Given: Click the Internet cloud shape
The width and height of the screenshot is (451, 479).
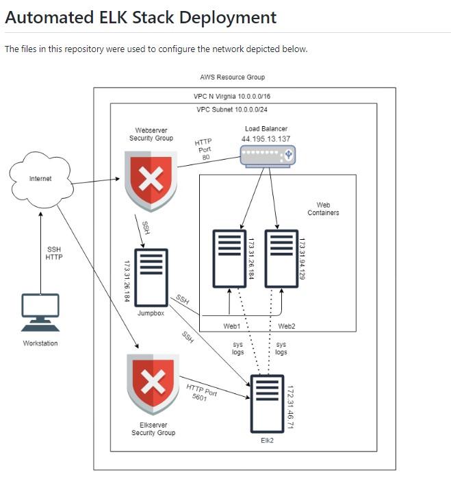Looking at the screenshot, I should click(x=40, y=179).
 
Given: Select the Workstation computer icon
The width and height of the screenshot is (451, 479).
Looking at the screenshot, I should click(x=40, y=312).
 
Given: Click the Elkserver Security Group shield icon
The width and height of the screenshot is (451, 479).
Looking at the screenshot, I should click(x=153, y=384).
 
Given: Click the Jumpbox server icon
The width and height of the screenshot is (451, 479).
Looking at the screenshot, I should click(x=151, y=278).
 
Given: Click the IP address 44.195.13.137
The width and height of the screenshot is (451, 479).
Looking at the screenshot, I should click(x=266, y=139).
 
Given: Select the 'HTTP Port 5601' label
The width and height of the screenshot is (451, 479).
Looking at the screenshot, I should click(x=201, y=393).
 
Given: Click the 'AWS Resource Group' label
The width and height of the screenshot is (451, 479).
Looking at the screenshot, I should click(x=232, y=77).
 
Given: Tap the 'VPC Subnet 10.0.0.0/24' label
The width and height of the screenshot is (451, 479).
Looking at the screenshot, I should click(x=233, y=110).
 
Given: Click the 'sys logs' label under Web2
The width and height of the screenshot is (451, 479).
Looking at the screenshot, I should click(x=281, y=348).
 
